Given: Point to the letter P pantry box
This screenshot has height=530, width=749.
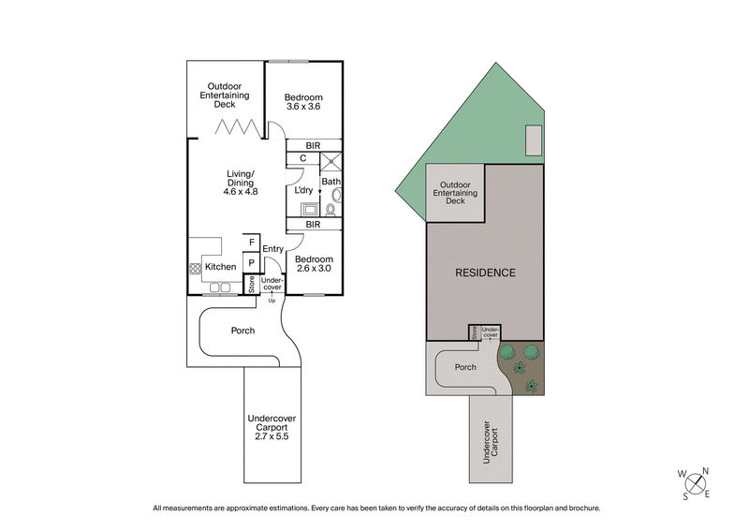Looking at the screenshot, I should [x=252, y=263].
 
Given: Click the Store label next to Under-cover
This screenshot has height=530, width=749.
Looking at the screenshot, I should [x=252, y=285].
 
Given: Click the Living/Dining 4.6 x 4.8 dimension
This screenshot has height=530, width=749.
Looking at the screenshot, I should [x=240, y=191].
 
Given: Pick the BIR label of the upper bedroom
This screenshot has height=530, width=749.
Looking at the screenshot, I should [x=313, y=146].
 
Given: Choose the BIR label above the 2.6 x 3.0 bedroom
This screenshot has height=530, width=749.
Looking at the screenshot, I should [x=313, y=226].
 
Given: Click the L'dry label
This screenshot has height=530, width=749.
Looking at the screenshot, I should [x=303, y=191].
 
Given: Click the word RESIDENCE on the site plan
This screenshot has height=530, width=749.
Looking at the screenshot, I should [x=485, y=273].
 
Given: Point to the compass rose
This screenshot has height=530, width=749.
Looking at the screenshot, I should [x=695, y=483].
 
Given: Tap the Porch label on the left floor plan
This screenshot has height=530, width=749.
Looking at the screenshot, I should [x=242, y=331].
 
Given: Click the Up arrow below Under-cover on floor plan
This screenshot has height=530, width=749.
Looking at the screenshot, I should [x=272, y=298].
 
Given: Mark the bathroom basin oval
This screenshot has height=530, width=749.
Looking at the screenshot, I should [x=336, y=196].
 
